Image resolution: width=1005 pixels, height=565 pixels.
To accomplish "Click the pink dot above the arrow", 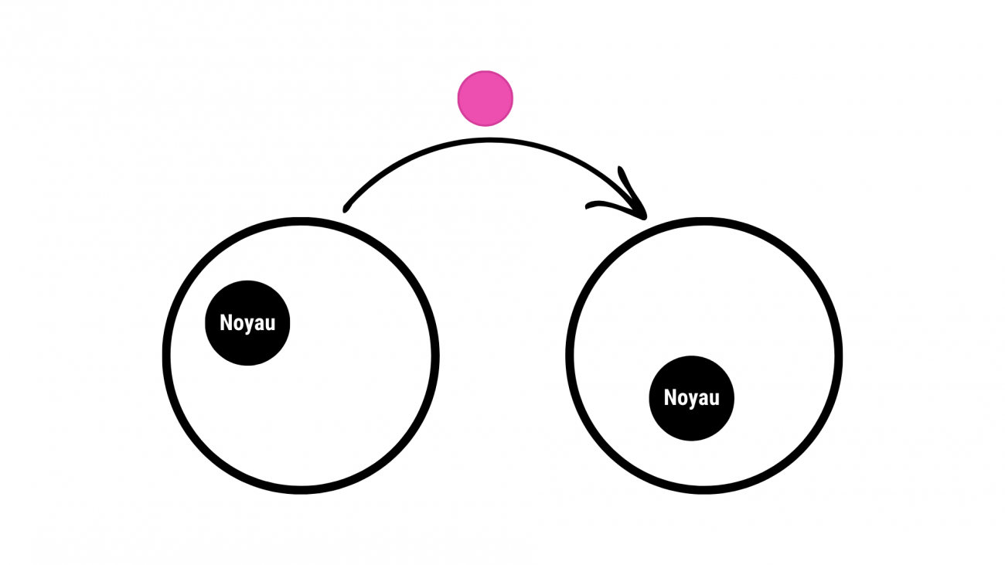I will coord(485,98).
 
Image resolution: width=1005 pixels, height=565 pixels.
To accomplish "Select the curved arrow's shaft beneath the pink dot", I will coord(485,141).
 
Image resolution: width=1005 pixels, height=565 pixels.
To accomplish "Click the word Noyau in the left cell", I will coord(247,322).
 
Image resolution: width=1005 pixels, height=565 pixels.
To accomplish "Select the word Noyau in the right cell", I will coord(691,398).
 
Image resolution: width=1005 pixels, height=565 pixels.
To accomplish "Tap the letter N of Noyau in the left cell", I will coord(226,322).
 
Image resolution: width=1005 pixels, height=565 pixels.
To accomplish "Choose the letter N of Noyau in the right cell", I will coord(670,398).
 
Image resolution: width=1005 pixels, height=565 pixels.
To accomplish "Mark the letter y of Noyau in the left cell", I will coord(248,324).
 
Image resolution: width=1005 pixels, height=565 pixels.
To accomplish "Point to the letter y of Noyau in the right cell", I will coord(693,400).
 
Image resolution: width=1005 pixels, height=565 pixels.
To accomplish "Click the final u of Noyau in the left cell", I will coord(270,323).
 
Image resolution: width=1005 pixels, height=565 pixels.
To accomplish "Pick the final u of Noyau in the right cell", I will coord(714,399).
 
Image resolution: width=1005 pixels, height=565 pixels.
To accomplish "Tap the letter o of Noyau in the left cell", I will coord(237,323).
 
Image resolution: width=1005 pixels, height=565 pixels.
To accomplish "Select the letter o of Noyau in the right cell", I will coord(682,399).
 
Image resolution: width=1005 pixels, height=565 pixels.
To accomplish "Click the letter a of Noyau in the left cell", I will coord(259,323).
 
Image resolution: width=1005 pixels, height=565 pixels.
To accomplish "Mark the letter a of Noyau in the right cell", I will coord(703,399).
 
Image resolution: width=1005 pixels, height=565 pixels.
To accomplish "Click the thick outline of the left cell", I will coord(166,356).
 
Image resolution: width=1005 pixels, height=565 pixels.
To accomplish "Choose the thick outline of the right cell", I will coord(838,356).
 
